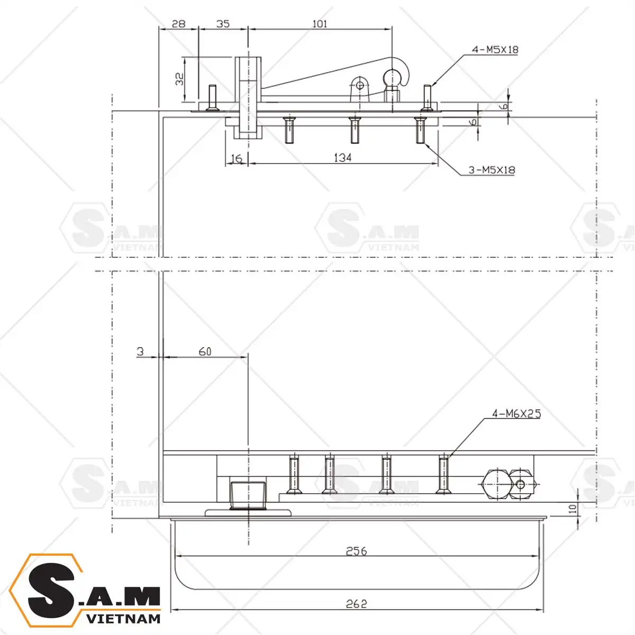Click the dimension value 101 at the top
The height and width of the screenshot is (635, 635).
320,23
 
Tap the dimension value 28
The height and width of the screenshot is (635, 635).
179,24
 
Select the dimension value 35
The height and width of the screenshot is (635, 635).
223,24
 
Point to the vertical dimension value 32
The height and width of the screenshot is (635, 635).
179,79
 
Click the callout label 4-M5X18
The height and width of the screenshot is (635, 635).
495,50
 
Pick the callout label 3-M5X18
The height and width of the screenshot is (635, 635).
492,170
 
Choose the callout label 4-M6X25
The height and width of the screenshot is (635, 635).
516,414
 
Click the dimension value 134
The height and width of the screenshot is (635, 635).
343,158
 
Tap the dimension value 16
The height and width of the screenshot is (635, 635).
236,159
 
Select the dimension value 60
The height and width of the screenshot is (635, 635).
205,351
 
